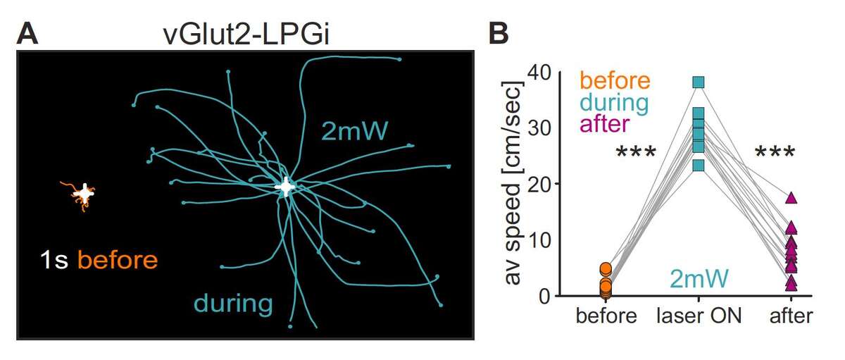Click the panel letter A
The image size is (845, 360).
(27, 34)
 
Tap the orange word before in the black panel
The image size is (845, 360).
(118, 260)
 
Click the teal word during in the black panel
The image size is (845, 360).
(233, 304)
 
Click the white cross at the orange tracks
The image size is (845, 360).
(84, 192)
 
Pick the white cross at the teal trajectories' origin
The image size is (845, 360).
(285, 187)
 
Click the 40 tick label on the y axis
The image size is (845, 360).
(538, 73)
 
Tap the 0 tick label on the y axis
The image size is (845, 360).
(545, 297)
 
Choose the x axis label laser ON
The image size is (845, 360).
(699, 316)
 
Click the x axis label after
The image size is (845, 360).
(790, 316)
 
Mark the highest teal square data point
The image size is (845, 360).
(699, 82)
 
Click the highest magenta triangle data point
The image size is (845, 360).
(791, 199)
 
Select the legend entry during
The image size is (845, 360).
(613, 103)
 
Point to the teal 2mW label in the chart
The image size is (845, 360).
(699, 280)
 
